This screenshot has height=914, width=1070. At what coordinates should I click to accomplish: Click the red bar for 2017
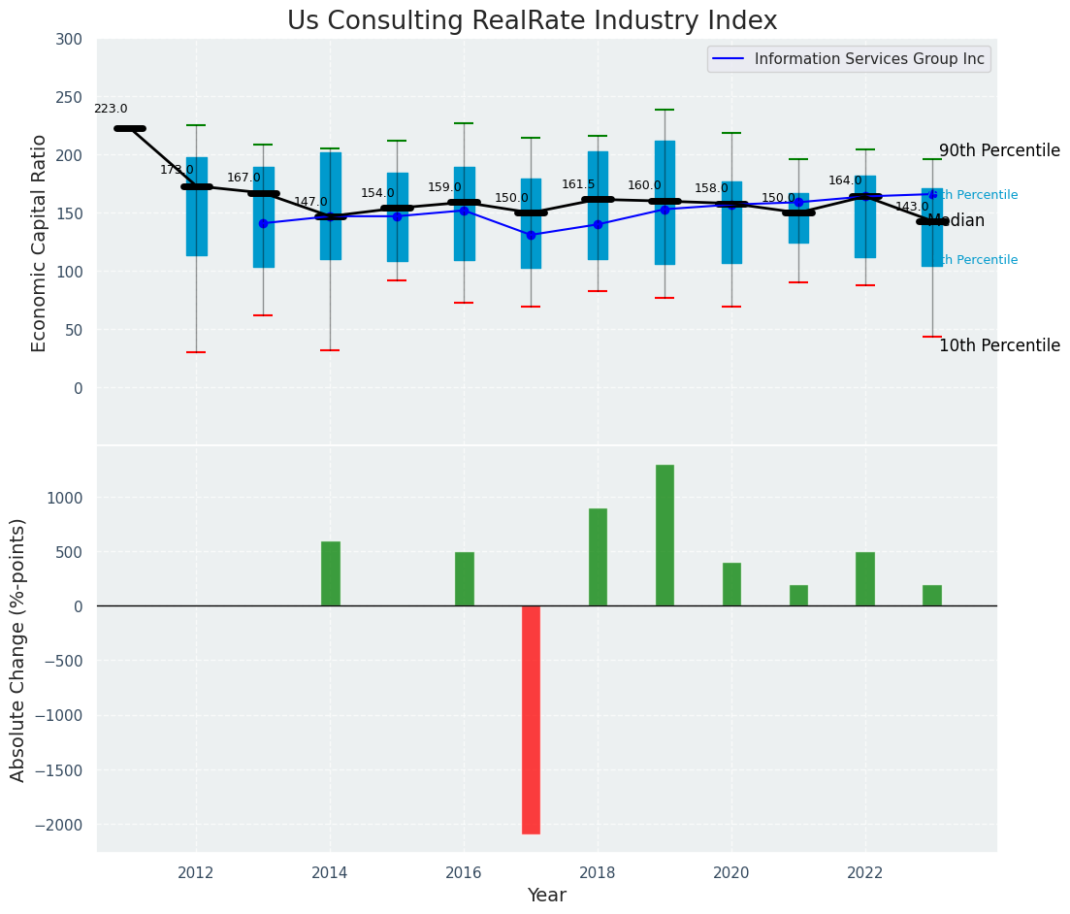click(531, 719)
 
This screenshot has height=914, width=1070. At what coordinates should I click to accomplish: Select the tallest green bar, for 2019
click(665, 536)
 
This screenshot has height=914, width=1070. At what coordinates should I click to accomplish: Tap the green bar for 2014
click(331, 573)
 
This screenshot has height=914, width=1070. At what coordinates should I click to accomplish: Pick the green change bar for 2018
click(598, 557)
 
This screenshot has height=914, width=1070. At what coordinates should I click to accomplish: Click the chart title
click(532, 21)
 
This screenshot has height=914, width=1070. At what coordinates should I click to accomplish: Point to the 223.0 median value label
click(111, 109)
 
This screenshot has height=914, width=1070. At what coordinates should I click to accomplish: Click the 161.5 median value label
click(578, 184)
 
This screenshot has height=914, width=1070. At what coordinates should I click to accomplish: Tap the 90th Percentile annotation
click(999, 151)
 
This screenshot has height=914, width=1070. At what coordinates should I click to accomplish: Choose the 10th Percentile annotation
click(999, 346)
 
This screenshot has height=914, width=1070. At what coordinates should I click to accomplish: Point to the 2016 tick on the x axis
click(464, 872)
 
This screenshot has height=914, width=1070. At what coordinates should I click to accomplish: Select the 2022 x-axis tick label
click(865, 872)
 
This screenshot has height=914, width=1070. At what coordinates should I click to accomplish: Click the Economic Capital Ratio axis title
click(40, 243)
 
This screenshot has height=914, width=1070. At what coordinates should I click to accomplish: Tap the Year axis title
click(546, 896)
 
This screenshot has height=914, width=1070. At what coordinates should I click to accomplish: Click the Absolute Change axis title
click(18, 649)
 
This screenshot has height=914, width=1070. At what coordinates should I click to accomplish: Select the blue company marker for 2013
click(263, 223)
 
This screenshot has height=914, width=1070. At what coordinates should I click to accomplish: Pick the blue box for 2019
click(665, 203)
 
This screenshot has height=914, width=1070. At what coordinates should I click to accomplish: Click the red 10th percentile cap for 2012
click(196, 352)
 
